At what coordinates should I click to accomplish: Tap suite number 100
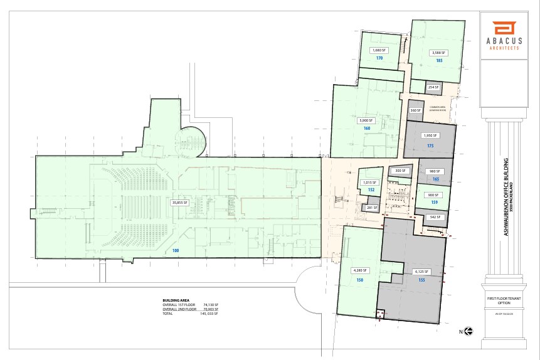[176, 250]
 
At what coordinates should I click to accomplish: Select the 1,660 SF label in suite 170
[378, 50]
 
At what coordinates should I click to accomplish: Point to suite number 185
[439, 60]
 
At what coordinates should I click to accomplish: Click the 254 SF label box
[433, 87]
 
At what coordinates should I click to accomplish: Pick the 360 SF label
[415, 110]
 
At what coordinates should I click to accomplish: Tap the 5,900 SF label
[366, 120]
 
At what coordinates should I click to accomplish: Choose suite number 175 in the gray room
[430, 146]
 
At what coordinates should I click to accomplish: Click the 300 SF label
[399, 171]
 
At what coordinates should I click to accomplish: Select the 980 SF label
[433, 171]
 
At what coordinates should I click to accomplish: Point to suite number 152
[371, 189]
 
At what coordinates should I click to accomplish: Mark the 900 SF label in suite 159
[433, 194]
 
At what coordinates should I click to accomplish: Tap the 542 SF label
[435, 218]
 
